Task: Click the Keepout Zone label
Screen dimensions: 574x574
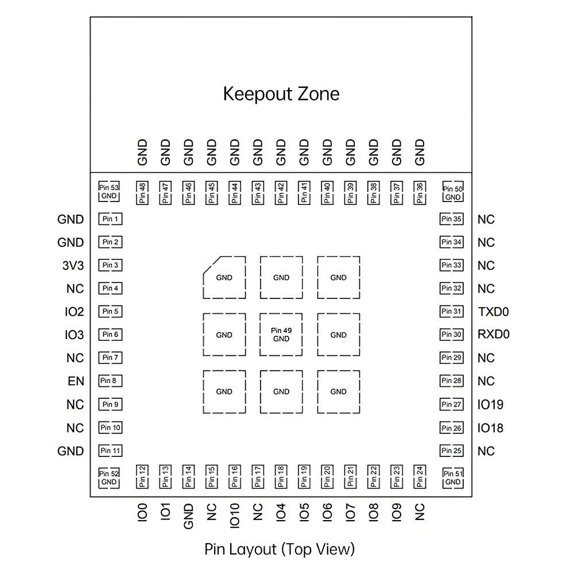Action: click(281, 94)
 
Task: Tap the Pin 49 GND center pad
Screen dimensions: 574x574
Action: click(281, 335)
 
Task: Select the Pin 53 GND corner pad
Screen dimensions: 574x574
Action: click(109, 192)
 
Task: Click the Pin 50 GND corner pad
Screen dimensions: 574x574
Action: click(453, 193)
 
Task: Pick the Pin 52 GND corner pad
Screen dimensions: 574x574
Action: click(109, 478)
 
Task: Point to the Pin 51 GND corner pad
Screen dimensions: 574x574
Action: click(453, 478)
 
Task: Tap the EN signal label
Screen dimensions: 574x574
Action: click(76, 381)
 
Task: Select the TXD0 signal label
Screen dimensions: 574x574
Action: click(493, 312)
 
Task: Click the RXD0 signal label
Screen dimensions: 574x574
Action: click(494, 335)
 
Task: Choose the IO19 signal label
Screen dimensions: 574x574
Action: click(490, 405)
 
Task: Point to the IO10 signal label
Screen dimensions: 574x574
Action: click(234, 515)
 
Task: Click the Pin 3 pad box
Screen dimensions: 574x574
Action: click(110, 265)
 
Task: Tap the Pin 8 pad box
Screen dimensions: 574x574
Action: click(110, 381)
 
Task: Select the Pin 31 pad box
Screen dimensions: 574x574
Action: click(451, 312)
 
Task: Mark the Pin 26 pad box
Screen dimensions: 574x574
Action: click(451, 428)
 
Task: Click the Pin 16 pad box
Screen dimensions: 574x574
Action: click(234, 476)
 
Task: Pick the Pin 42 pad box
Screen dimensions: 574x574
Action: click(281, 193)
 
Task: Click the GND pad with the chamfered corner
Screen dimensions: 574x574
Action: click(224, 277)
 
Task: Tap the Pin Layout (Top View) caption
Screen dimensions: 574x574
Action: click(280, 549)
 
